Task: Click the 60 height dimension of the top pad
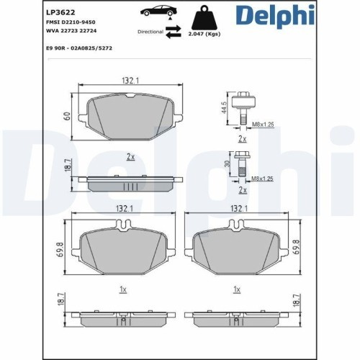pyautogui.click(x=66, y=115)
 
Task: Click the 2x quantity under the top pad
pyautogui.click(x=130, y=156)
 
